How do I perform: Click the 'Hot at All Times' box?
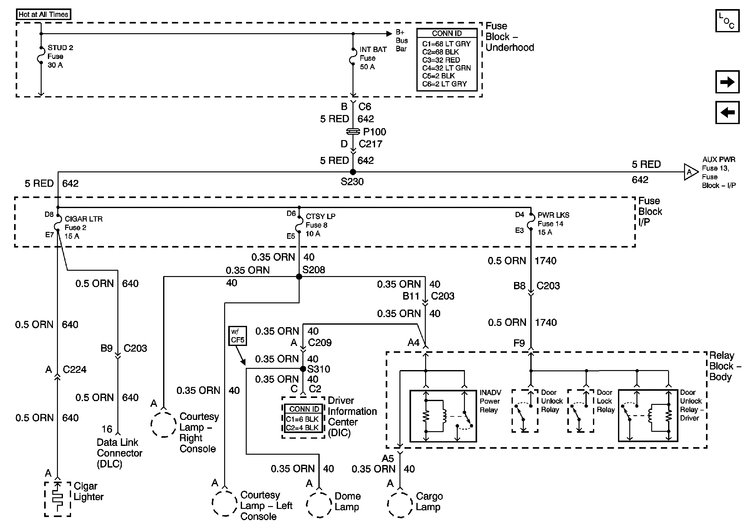tap(43, 14)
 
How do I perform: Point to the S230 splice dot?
tap(353, 172)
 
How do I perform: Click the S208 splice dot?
tap(299, 277)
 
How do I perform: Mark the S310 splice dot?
tap(303, 369)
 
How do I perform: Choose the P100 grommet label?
tap(375, 132)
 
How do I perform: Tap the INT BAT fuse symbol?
tap(353, 57)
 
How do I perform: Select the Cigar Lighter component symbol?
tap(58, 499)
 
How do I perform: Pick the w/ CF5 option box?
tap(237, 336)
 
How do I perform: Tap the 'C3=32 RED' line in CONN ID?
tap(441, 60)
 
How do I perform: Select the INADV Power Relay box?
tap(443, 416)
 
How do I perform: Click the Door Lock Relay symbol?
tap(580, 411)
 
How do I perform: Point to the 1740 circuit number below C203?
tap(546, 322)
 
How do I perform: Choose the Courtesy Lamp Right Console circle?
tap(164, 424)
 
